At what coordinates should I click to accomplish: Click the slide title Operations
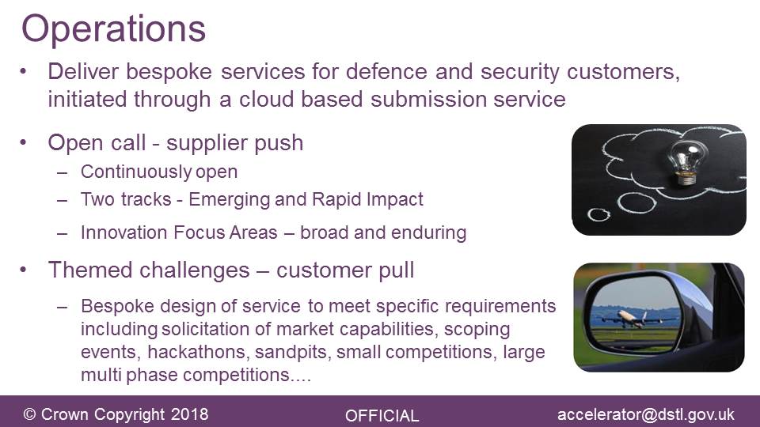coord(113,30)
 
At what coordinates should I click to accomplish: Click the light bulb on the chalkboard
coord(686,161)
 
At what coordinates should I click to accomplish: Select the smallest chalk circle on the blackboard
coord(598,214)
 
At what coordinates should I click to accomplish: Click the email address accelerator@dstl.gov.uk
coord(646,414)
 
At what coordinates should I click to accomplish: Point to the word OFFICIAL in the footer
coord(382,416)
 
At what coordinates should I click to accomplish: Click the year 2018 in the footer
coord(189,414)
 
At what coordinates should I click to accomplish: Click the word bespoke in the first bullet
coord(169,72)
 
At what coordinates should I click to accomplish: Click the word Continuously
coord(135,172)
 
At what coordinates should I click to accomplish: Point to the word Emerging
coord(229,200)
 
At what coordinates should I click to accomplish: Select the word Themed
coord(90,270)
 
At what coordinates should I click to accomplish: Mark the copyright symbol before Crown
coord(29,414)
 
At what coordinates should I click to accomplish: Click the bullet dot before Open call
coord(23,143)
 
